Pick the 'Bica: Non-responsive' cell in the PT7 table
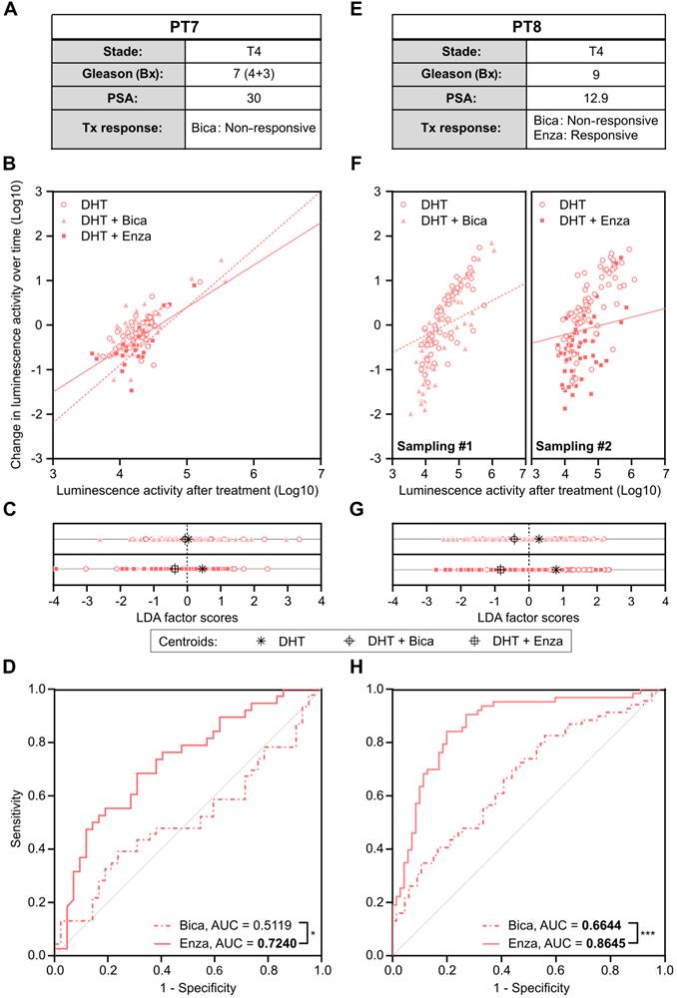(x=252, y=128)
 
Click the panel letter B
(x=8, y=160)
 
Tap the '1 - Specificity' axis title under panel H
(x=529, y=988)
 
